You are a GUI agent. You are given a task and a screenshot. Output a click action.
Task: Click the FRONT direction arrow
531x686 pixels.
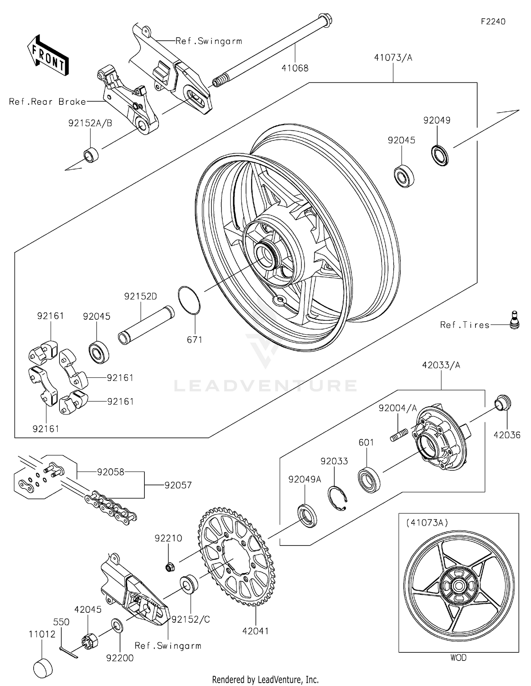pos(48,55)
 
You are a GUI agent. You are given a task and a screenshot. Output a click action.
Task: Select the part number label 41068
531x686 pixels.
pos(295,68)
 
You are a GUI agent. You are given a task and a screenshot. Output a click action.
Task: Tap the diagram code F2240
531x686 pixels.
pos(493,22)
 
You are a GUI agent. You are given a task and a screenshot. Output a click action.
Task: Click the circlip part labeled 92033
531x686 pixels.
pos(337,498)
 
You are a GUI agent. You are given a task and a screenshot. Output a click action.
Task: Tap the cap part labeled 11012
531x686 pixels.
pos(43,667)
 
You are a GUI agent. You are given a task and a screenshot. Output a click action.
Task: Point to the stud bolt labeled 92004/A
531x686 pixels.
pos(399,435)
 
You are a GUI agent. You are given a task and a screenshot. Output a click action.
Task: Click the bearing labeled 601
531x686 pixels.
pos(369,480)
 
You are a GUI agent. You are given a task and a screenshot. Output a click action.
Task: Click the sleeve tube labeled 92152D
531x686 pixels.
pos(146,325)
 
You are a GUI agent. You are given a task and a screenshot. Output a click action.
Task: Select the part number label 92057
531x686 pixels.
pos(178,485)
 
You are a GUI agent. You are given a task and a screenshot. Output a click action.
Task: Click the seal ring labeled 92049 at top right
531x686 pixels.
pos(440,155)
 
